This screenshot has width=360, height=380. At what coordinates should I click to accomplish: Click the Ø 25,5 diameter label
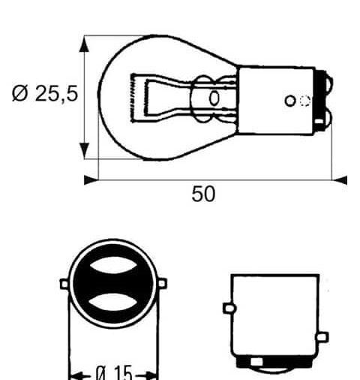tap(46, 96)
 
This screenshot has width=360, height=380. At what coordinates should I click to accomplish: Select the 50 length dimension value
tap(202, 195)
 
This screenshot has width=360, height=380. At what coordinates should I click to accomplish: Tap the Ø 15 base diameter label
tap(114, 372)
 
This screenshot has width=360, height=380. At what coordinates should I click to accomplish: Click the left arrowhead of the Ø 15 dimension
tap(75, 372)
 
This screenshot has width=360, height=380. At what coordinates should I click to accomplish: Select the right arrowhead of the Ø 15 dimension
tap(154, 372)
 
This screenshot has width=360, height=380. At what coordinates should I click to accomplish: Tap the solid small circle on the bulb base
tap(290, 101)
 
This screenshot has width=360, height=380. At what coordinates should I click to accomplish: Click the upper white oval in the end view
tap(115, 266)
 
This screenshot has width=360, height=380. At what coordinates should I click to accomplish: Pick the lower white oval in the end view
tap(115, 303)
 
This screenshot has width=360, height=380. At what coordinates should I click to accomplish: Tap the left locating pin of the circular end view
tap(64, 284)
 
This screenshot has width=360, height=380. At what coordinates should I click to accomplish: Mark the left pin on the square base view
tap(228, 307)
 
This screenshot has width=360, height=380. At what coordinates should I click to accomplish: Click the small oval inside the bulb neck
tap(214, 98)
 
